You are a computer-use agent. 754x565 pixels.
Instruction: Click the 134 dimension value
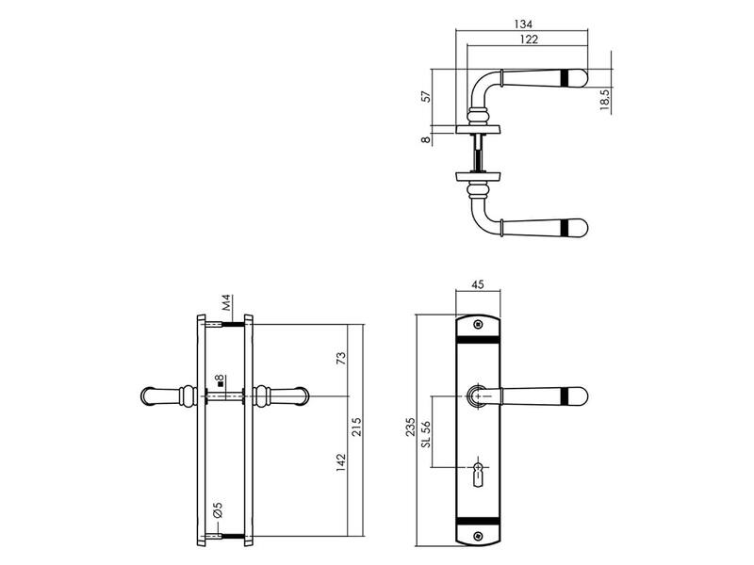[x=523, y=24]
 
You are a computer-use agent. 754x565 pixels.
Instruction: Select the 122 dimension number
[x=529, y=40]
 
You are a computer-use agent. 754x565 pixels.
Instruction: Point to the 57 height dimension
[x=426, y=96]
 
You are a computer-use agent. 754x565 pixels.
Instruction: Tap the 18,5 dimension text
[x=605, y=100]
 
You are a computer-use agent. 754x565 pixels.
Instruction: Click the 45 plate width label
[x=478, y=285]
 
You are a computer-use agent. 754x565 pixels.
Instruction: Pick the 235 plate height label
[x=410, y=428]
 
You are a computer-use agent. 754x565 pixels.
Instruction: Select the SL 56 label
[x=426, y=434]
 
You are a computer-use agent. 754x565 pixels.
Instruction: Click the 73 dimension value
[x=340, y=359]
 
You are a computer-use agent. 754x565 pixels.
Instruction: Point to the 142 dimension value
[x=341, y=462]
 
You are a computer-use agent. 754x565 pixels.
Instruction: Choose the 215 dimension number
[x=356, y=428]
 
